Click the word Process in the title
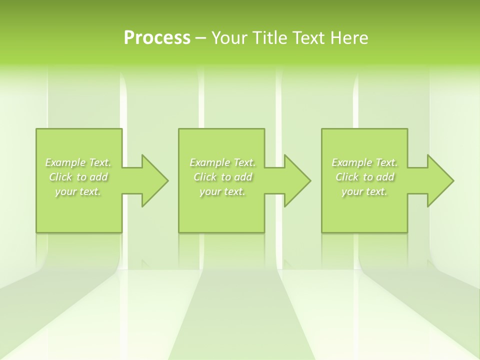[x=157, y=38]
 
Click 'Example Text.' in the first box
[x=78, y=162]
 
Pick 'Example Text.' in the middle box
[x=222, y=162]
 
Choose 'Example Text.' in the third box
[x=364, y=162]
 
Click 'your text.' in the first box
[x=78, y=191]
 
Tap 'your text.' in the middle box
[x=222, y=191]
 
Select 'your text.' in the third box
[x=364, y=191]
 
